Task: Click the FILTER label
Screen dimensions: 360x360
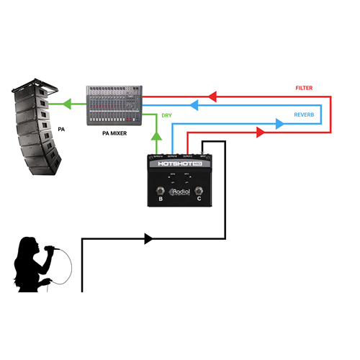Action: click(x=304, y=88)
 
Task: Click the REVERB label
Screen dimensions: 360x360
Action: click(x=304, y=114)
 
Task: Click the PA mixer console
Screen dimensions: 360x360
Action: click(x=113, y=105)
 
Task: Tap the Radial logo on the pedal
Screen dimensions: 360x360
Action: click(x=178, y=192)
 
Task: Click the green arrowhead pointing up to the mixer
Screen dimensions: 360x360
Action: click(x=156, y=135)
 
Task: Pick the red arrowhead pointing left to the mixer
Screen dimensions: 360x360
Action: click(x=212, y=95)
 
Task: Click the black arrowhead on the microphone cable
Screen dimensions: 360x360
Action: click(x=149, y=238)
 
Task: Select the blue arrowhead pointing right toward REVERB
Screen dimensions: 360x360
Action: click(x=279, y=123)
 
